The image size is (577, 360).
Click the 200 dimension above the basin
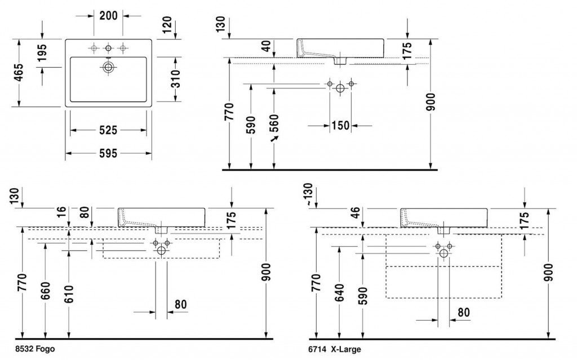(x=108, y=16)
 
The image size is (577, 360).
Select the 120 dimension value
(x=166, y=25)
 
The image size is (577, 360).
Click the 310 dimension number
(x=175, y=80)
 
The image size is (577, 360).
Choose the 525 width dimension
(x=108, y=131)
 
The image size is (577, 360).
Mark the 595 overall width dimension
(x=108, y=153)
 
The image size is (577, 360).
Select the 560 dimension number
(x=274, y=127)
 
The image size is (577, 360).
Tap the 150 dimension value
(x=340, y=125)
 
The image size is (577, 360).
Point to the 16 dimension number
(x=62, y=213)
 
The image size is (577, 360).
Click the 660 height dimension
(x=45, y=291)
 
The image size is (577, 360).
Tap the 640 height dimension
(x=339, y=292)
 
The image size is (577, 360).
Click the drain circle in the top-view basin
(x=108, y=68)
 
